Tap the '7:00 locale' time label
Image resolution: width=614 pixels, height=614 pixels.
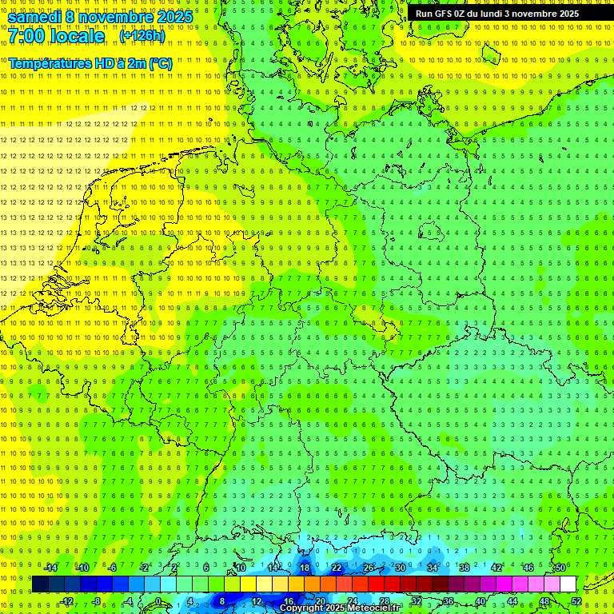(57, 36)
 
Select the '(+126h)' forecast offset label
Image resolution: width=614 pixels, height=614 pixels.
(142, 36)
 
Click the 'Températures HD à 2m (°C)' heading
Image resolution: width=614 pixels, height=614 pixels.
(90, 63)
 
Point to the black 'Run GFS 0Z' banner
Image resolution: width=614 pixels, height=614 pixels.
(508, 14)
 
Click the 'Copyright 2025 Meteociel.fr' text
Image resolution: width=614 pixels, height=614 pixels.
(339, 608)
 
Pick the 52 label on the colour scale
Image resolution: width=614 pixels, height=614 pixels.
(576, 601)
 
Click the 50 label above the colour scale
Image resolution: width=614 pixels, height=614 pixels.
(560, 568)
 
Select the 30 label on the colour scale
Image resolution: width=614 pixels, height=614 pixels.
(401, 568)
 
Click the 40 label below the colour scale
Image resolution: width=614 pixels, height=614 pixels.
(480, 601)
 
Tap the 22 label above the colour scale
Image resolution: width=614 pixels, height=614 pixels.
(337, 568)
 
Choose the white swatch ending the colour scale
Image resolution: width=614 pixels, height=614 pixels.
(568, 584)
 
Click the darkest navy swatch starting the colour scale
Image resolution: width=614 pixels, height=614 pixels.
(40, 584)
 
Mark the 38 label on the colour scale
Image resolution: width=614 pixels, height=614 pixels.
(464, 568)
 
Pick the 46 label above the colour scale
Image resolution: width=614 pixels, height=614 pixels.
(528, 568)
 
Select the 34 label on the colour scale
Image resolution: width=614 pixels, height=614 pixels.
(433, 568)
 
